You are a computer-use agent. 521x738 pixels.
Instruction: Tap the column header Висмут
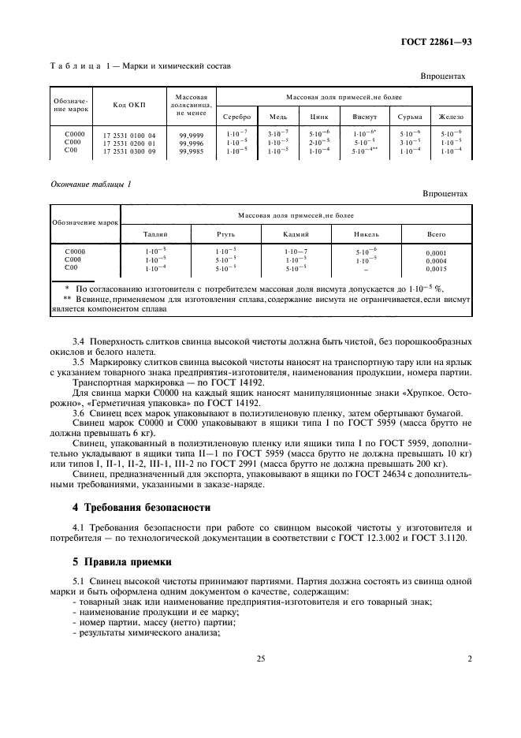(x=367, y=117)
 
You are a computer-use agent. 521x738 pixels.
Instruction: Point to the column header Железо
(x=452, y=117)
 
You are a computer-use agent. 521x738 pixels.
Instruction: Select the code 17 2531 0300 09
(x=129, y=151)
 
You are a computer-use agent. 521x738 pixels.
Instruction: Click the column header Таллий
(x=155, y=234)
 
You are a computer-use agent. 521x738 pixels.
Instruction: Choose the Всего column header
(x=436, y=234)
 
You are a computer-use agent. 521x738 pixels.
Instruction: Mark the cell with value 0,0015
(x=436, y=268)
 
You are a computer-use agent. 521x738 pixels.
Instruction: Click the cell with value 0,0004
(x=436, y=260)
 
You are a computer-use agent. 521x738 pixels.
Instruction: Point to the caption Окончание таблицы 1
(x=91, y=184)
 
